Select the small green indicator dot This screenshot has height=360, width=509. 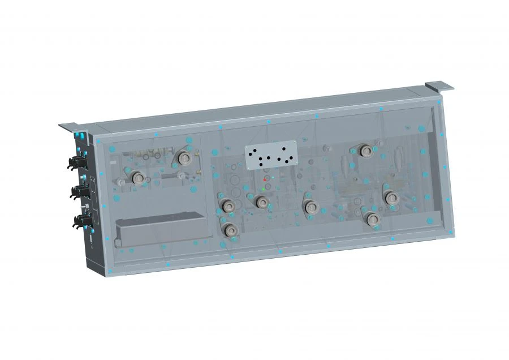pos(264,188)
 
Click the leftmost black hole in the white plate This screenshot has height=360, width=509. pos(250,151)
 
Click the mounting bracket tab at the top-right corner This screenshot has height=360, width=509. pos(439,85)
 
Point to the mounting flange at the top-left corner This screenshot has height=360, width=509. pos(70,127)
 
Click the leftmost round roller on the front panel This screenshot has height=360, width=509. pos(137,178)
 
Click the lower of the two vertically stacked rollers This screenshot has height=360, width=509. pos(229,230)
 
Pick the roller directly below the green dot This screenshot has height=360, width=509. pos(261,202)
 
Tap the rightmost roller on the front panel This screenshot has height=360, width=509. pos(390,197)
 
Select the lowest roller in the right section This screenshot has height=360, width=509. pos(371,219)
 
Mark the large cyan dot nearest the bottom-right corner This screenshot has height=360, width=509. pos(429,221)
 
